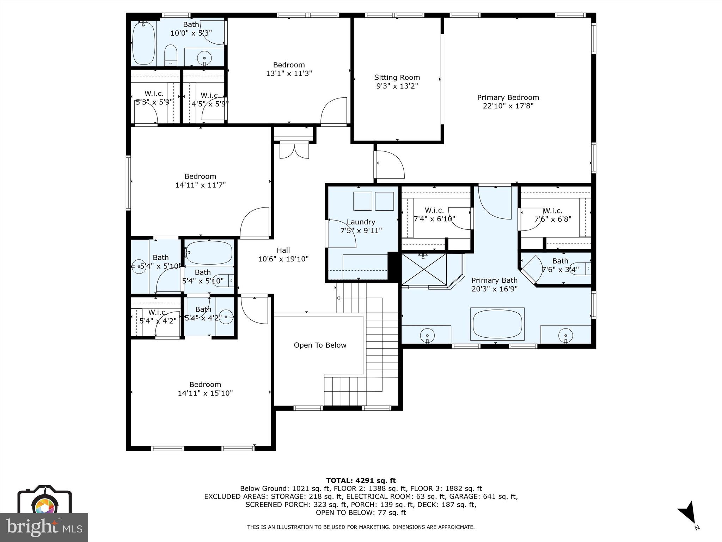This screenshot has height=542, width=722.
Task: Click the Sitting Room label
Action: (x=397, y=77)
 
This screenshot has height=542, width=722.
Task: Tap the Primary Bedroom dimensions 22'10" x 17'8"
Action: (x=508, y=106)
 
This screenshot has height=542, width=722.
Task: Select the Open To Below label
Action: (x=320, y=345)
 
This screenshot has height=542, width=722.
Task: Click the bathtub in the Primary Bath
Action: (x=497, y=324)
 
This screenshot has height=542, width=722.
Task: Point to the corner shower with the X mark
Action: (x=424, y=269)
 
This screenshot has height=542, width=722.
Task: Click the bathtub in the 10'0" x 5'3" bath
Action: (x=143, y=43)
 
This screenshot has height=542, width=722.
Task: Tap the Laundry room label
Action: (x=361, y=222)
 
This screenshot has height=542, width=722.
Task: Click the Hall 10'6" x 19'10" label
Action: (x=283, y=254)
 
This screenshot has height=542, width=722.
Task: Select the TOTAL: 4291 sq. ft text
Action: (x=361, y=481)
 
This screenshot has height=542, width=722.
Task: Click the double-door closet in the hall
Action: (x=294, y=150)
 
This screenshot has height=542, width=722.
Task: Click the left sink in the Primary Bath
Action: (x=427, y=335)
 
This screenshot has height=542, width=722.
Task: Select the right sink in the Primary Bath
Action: (x=565, y=335)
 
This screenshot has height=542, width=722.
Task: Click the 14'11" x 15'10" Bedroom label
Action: (x=205, y=389)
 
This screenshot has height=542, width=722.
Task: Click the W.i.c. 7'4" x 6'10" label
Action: (x=434, y=215)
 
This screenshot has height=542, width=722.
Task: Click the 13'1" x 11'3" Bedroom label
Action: (x=289, y=69)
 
